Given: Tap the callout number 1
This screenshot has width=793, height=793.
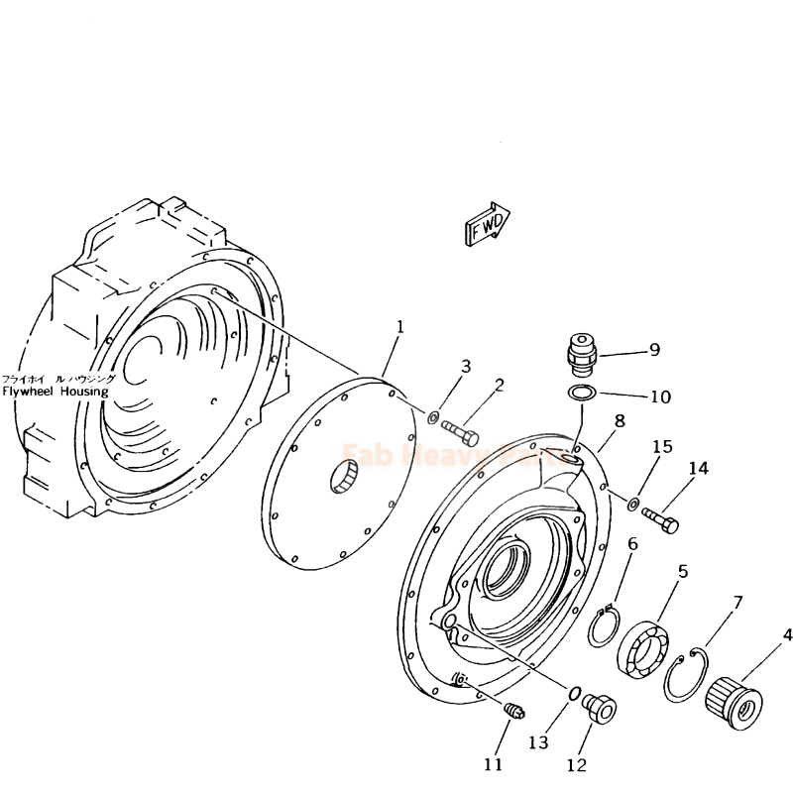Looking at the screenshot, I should tap(399, 326).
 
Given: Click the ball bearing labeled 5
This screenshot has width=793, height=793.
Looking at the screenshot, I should tap(645, 649).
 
